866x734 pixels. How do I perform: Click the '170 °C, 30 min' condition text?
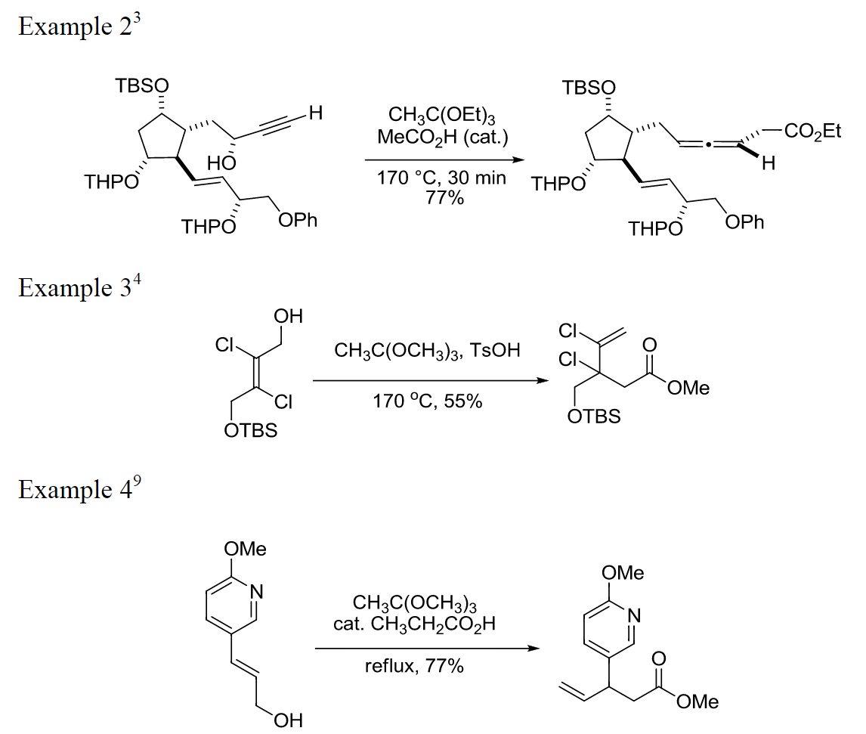[437, 180]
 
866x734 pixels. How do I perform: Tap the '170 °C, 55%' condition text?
[428, 401]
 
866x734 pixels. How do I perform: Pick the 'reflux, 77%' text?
[414, 667]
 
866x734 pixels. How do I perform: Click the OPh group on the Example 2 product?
[744, 222]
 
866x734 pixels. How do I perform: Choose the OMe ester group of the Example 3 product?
[690, 388]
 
